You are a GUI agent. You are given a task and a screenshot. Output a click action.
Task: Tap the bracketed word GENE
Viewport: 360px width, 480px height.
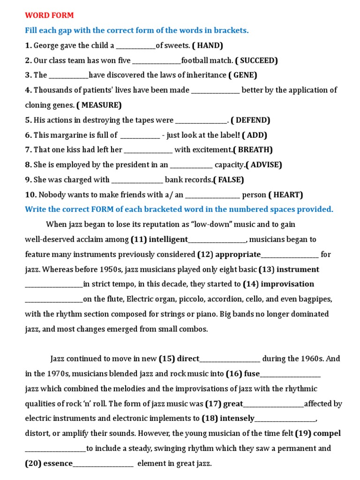pos(244,75)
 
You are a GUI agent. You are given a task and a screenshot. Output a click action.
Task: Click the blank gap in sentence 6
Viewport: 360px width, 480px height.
pos(140,135)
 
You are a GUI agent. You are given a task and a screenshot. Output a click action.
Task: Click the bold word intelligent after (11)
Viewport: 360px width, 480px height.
pos(168,240)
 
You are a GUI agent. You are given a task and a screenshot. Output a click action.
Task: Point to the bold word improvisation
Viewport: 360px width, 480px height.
pos(287,284)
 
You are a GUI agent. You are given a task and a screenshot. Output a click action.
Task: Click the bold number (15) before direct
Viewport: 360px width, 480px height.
pos(167,359)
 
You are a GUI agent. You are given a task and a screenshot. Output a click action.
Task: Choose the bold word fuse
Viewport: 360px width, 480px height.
pos(250,374)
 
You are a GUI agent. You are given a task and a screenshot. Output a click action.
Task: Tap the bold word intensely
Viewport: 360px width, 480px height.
pos(237,419)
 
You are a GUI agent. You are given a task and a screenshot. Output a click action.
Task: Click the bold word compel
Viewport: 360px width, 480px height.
pos(327,434)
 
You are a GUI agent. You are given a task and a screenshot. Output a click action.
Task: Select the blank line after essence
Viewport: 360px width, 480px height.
pos(103,464)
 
